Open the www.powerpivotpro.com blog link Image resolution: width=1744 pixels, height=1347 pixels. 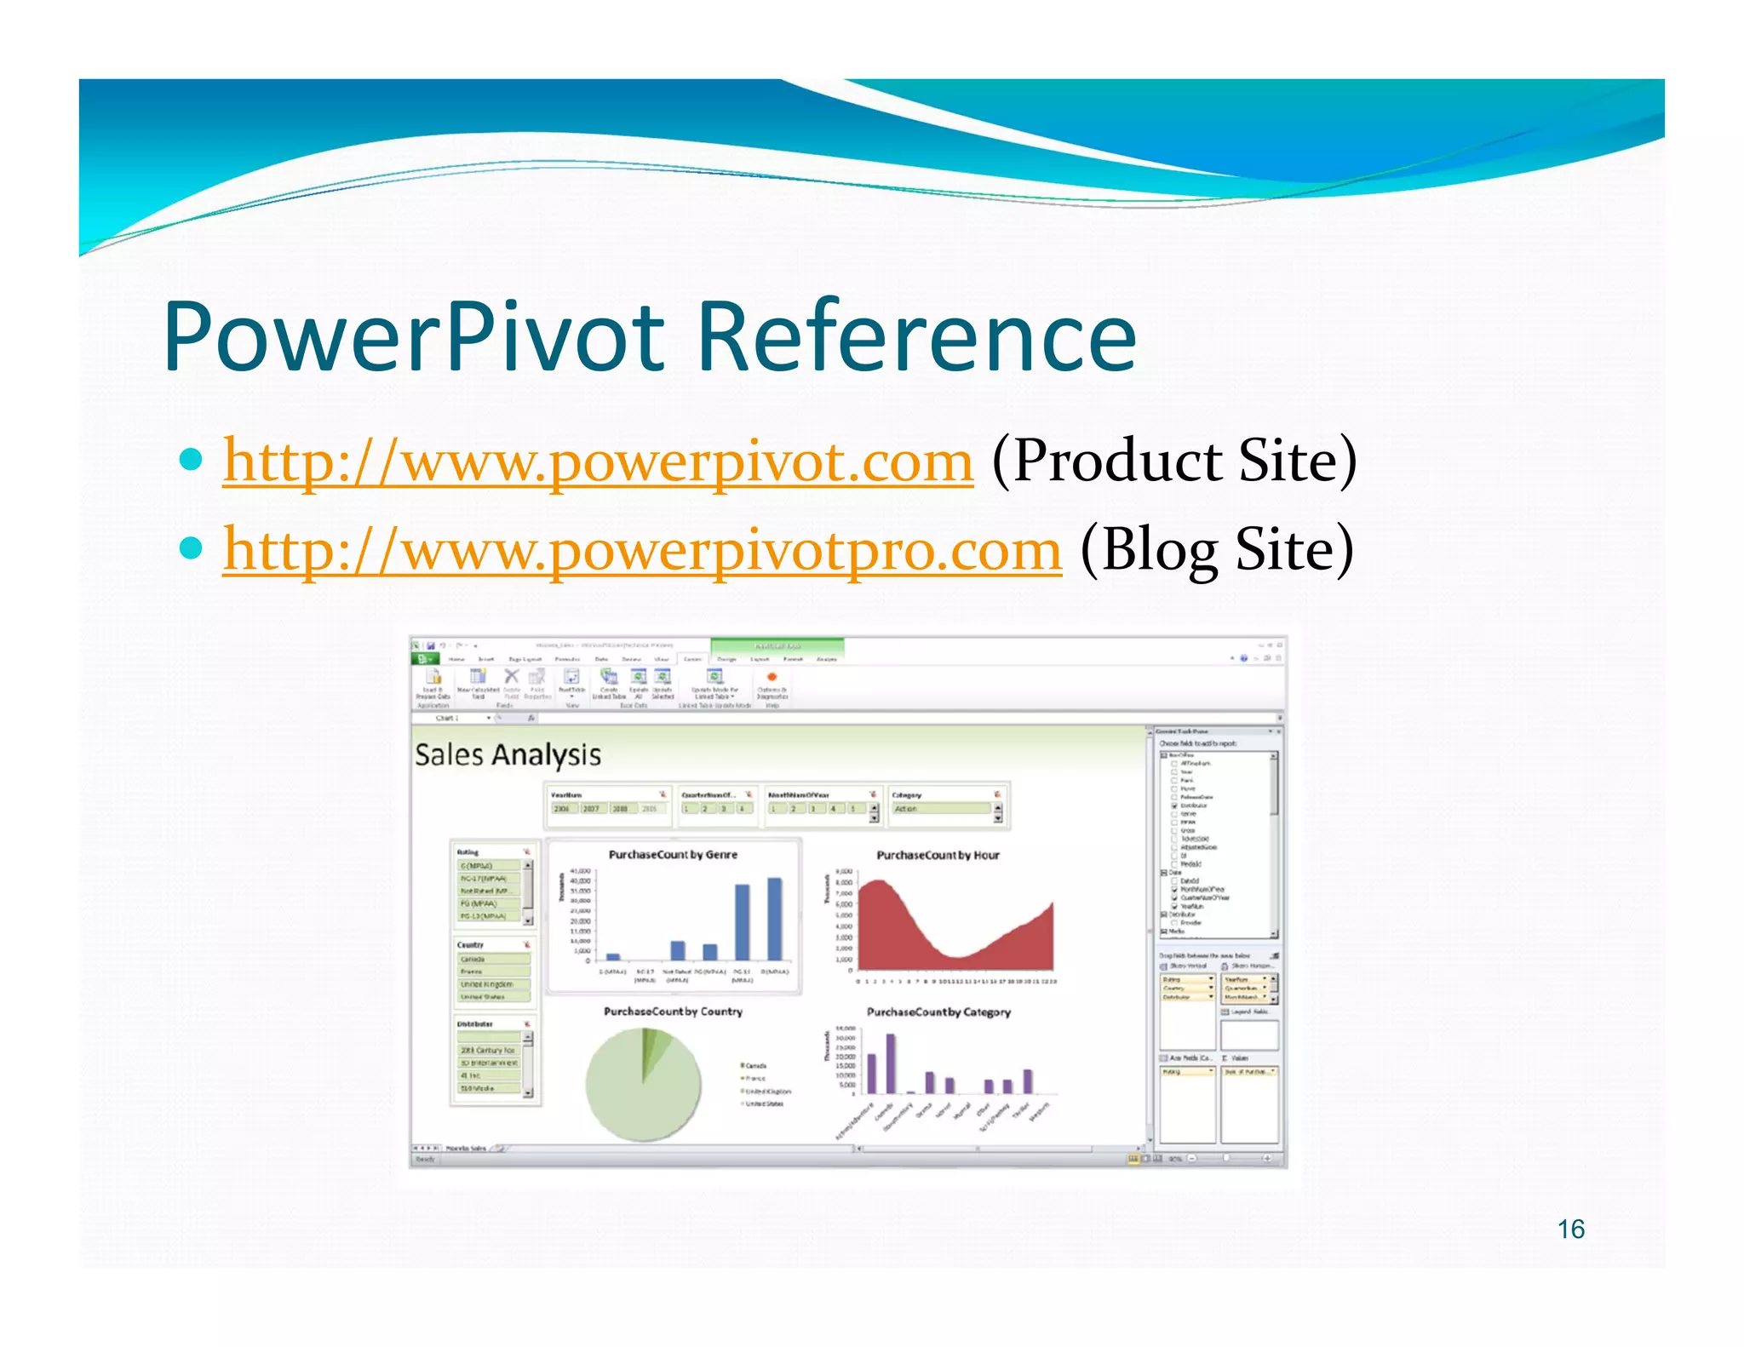pos(642,550)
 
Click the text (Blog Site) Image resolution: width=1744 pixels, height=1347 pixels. pos(1217,550)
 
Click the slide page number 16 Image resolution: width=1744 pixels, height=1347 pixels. pos(1570,1229)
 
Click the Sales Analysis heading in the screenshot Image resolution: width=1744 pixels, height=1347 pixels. pos(508,755)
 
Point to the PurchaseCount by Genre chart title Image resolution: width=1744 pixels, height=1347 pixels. pos(673,854)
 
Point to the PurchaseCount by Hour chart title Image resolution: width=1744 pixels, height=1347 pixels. pos(938,855)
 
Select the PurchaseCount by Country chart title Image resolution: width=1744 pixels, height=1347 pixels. pos(673,1012)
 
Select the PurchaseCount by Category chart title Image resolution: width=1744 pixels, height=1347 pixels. pos(938,1012)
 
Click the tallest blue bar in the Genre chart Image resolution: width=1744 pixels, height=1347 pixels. pos(774,920)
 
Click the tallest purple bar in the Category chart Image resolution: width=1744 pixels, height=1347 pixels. pos(891,1064)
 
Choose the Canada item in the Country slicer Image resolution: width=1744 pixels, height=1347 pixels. pos(492,960)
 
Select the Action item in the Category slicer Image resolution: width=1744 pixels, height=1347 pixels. pos(941,809)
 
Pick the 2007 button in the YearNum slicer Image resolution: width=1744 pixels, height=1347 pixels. pos(591,809)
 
